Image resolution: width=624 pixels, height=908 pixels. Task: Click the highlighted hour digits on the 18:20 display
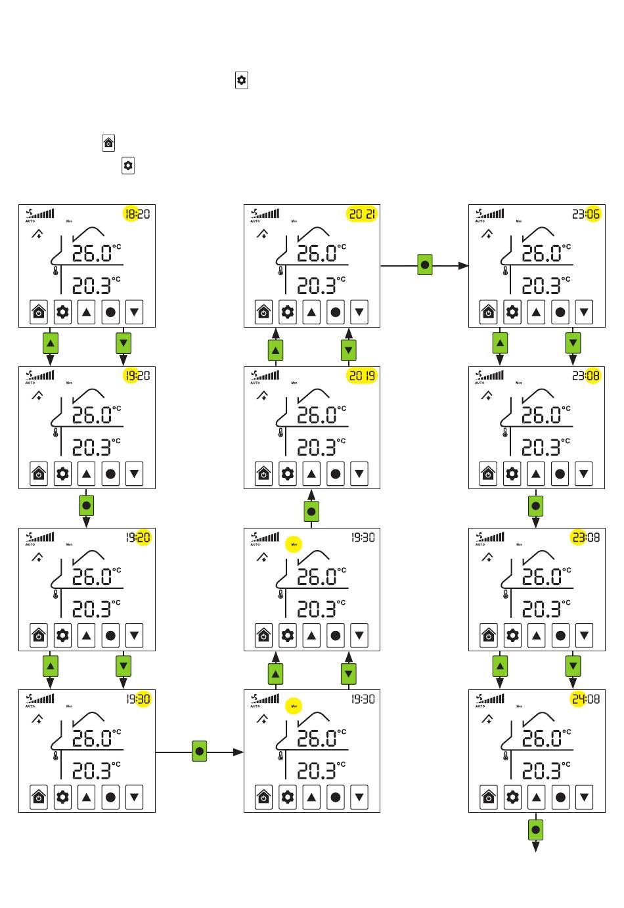130,213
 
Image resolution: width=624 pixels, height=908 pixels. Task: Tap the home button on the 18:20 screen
39,312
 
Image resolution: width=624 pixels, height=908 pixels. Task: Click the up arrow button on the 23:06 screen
537,312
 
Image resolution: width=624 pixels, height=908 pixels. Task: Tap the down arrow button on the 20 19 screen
359,473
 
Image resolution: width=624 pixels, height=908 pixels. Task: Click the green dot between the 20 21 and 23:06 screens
425,266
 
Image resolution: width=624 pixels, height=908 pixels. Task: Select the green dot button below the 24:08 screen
535,830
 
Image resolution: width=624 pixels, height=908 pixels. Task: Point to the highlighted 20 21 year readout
362,213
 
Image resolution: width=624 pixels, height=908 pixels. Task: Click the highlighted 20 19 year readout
362,376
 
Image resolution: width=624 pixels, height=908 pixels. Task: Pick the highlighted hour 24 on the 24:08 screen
578,699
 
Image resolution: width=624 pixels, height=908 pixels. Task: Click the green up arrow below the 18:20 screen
51,343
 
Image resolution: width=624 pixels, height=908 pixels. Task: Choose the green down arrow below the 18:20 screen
123,343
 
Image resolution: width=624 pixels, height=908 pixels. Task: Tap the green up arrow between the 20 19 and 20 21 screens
276,351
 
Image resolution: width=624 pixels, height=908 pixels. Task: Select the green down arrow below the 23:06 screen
573,343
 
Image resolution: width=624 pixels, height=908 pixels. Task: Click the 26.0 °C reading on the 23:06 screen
543,253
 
